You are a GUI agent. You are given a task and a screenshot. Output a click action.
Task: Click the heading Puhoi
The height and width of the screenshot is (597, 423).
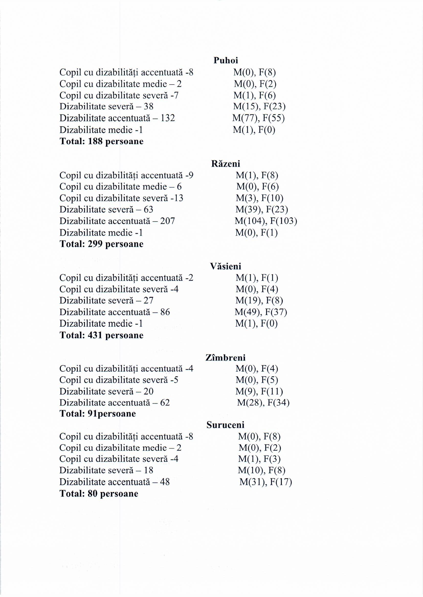(x=226, y=60)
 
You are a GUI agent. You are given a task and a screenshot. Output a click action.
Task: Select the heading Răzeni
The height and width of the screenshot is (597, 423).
(x=226, y=164)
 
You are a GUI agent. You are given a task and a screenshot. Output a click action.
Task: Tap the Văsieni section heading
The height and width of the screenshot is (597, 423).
(x=226, y=266)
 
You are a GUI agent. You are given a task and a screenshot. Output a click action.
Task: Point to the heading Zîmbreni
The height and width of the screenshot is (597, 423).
(x=225, y=357)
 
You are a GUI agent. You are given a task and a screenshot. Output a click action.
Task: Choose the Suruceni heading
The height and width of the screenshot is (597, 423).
(x=225, y=425)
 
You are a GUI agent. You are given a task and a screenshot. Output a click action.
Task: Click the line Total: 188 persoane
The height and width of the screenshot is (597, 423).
(x=102, y=141)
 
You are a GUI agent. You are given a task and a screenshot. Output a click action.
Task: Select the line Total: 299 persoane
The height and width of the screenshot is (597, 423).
(x=102, y=244)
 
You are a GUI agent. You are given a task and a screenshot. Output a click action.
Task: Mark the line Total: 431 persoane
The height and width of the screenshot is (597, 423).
(x=102, y=335)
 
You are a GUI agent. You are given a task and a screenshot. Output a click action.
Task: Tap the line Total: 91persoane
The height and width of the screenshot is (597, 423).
(x=98, y=414)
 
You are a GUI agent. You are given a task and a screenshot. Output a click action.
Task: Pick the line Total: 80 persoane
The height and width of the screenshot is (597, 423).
(x=99, y=494)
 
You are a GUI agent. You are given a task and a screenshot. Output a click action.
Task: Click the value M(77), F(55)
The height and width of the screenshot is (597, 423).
(x=258, y=118)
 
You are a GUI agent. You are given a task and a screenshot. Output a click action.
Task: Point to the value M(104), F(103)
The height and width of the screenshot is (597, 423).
(x=266, y=221)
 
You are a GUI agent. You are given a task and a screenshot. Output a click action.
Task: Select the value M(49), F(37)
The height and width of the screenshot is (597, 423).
(x=261, y=312)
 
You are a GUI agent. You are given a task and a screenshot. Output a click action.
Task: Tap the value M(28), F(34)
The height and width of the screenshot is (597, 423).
(x=263, y=403)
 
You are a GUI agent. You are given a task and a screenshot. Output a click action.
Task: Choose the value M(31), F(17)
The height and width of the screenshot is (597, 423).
(x=265, y=482)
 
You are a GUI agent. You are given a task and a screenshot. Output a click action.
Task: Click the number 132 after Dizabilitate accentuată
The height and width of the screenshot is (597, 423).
(x=168, y=118)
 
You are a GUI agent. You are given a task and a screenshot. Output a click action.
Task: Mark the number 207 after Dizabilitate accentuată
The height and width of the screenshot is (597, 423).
(x=168, y=221)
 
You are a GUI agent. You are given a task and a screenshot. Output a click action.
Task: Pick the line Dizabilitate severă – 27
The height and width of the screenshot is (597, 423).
(x=106, y=301)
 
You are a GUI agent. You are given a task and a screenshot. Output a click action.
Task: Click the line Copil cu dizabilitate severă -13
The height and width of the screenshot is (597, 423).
(x=121, y=198)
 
